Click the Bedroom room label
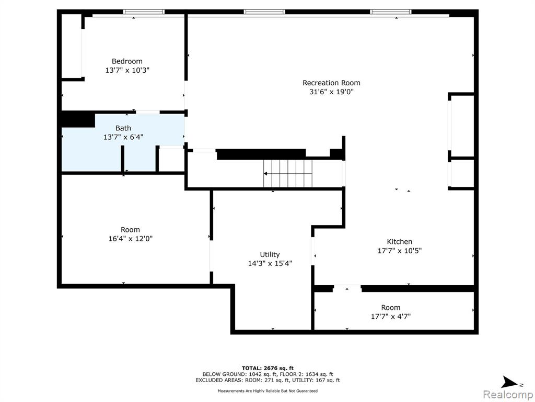(127, 61)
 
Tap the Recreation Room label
(331, 83)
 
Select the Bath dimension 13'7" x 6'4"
(123, 137)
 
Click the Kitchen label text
(399, 241)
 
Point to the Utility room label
(270, 254)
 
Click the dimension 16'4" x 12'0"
(130, 239)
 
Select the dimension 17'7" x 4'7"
(391, 317)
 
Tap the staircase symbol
(288, 174)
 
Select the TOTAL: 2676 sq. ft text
(267, 368)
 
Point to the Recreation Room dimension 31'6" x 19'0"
(331, 92)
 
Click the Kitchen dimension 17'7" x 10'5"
(399, 251)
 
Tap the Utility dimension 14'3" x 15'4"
(270, 264)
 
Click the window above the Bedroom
(144, 12)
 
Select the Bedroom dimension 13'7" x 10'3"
(127, 71)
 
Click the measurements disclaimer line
(267, 390)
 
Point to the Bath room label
(123, 128)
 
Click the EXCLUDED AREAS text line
(267, 380)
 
